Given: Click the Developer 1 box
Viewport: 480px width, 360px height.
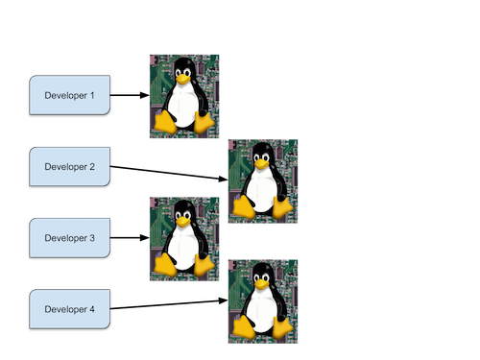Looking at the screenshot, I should point(70,96).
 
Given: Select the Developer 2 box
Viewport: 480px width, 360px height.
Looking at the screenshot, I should point(70,167).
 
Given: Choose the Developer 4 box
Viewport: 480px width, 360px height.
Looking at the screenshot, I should point(70,309).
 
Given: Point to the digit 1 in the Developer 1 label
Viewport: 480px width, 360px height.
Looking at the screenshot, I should point(92,96).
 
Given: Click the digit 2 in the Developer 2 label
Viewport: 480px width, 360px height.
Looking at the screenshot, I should point(92,167).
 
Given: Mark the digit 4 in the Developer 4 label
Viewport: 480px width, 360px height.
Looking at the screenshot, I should point(92,309).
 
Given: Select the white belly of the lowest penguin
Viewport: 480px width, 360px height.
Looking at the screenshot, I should point(261,306).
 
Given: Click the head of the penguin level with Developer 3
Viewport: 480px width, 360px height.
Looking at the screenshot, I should point(181,208).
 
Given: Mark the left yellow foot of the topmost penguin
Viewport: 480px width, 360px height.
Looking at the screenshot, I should point(165,122).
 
